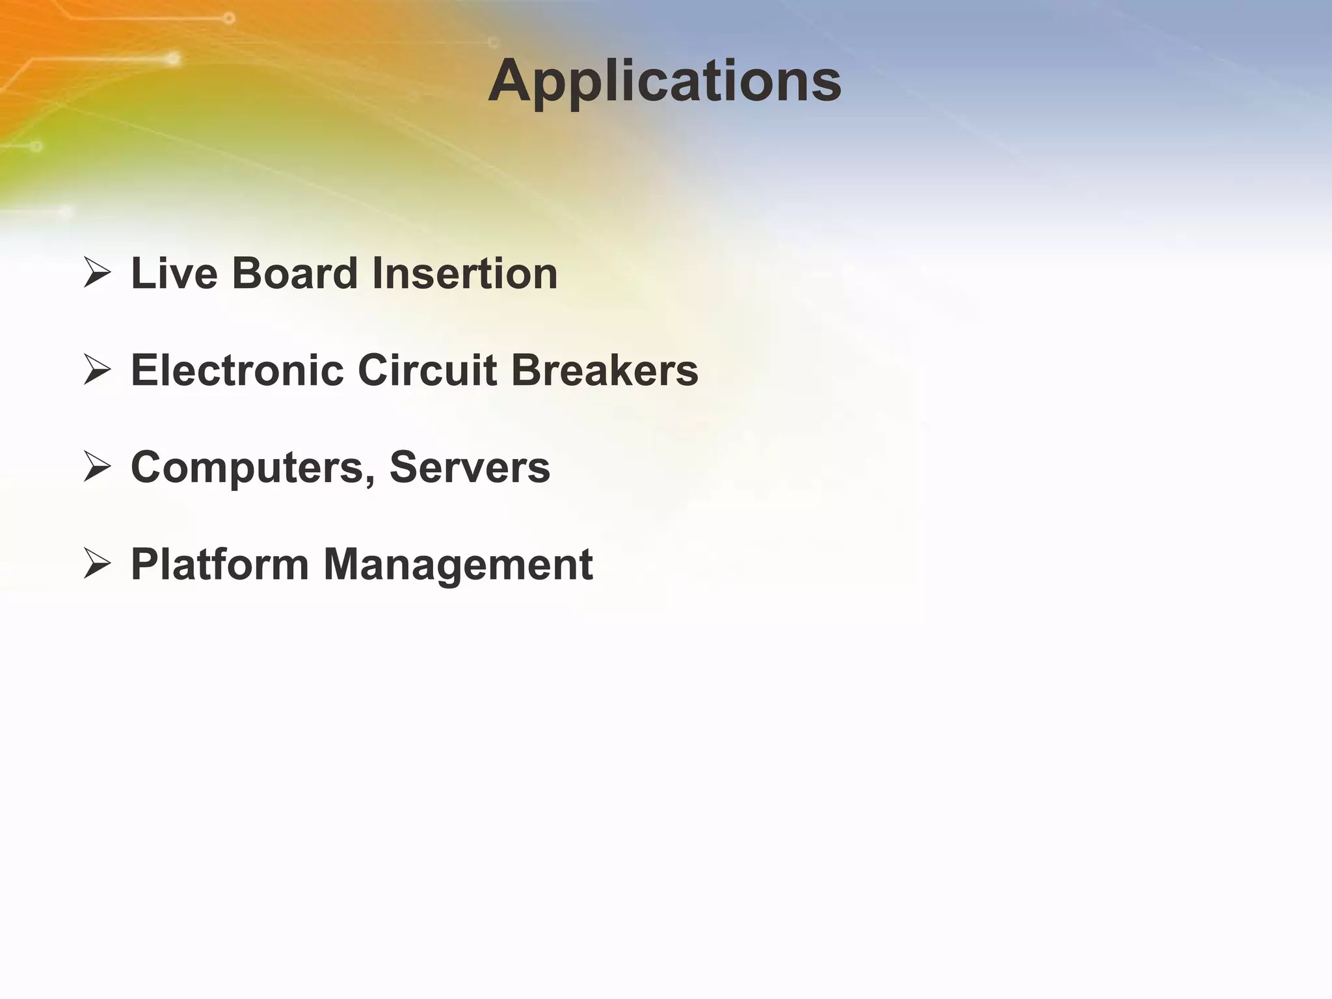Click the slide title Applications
pos(665,81)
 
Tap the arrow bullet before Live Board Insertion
pos(97,273)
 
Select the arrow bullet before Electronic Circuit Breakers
pos(97,370)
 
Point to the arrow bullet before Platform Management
pos(97,564)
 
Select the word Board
pos(295,273)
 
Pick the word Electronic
pos(237,370)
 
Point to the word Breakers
pos(605,370)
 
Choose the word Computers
pos(248,468)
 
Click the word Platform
pos(219,564)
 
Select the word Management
pos(458,565)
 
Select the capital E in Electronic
pos(145,370)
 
